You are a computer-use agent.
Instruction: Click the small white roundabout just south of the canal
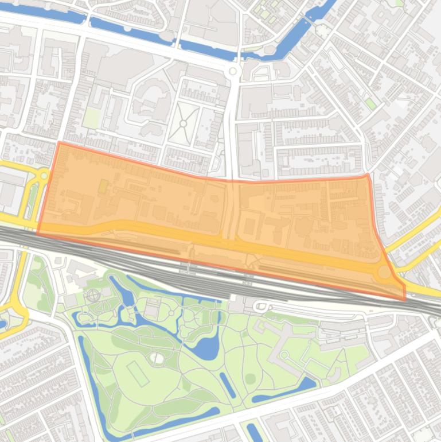pyautogui.click(x=232, y=72)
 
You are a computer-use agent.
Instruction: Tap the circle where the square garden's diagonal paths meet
pyautogui.click(x=184, y=123)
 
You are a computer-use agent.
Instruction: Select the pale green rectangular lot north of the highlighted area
pyautogui.click(x=91, y=118)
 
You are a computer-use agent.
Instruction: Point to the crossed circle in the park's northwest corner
pyautogui.click(x=93, y=296)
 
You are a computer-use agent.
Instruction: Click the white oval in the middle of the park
pyautogui.click(x=157, y=358)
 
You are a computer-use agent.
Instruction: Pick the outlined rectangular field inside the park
pyautogui.click(x=138, y=374)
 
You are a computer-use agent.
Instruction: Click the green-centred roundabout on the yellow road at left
pyautogui.click(x=44, y=176)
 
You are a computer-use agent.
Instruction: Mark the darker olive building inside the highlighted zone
pyautogui.click(x=103, y=187)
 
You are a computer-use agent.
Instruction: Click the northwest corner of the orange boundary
pyautogui.click(x=59, y=142)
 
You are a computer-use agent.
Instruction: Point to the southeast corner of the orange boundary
pyautogui.click(x=405, y=300)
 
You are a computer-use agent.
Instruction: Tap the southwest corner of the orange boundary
pyautogui.click(x=38, y=234)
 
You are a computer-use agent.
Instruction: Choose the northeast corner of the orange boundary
pyautogui.click(x=367, y=175)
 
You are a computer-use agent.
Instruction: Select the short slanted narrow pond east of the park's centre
pyautogui.click(x=228, y=385)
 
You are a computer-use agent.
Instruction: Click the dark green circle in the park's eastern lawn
pyautogui.click(x=250, y=379)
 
